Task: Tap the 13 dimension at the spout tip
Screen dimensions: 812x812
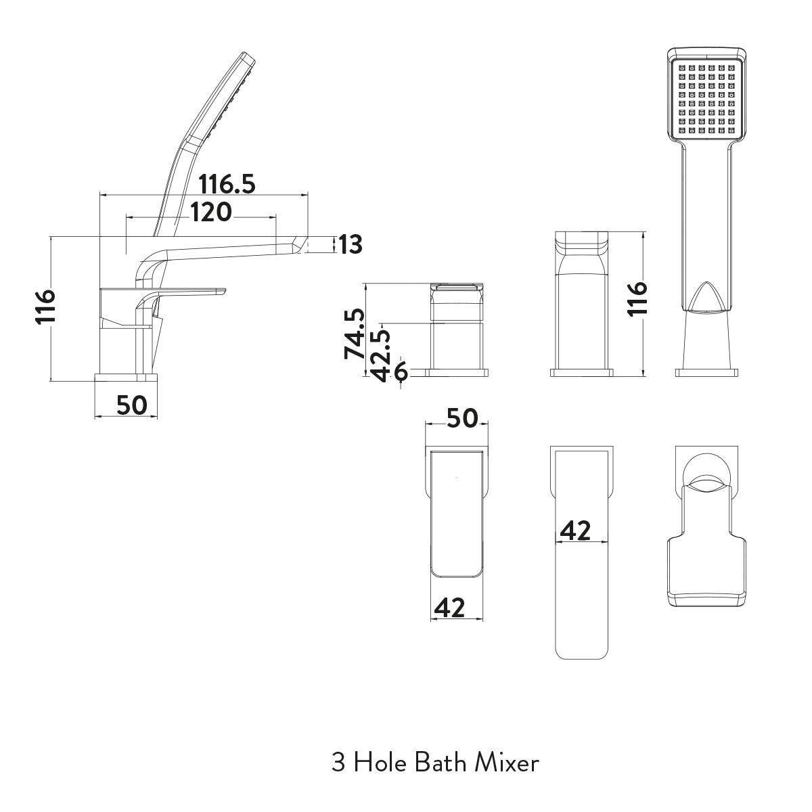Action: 351,244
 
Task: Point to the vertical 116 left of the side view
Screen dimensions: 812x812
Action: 44,308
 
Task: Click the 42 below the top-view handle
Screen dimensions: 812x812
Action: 449,608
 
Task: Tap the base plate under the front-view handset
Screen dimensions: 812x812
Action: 707,371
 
